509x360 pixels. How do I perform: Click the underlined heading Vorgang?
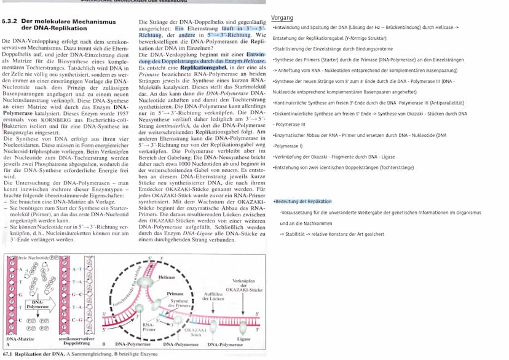pyautogui.click(x=282, y=18)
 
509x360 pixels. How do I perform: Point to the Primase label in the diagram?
pyautogui.click(x=175, y=294)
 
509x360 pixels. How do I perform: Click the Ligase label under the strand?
pyautogui.click(x=243, y=338)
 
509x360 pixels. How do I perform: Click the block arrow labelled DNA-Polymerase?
pyautogui.click(x=39, y=303)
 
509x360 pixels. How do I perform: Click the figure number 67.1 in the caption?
pyautogui.click(x=8, y=354)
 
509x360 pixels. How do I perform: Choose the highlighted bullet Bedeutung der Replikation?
pyautogui.click(x=303, y=202)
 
